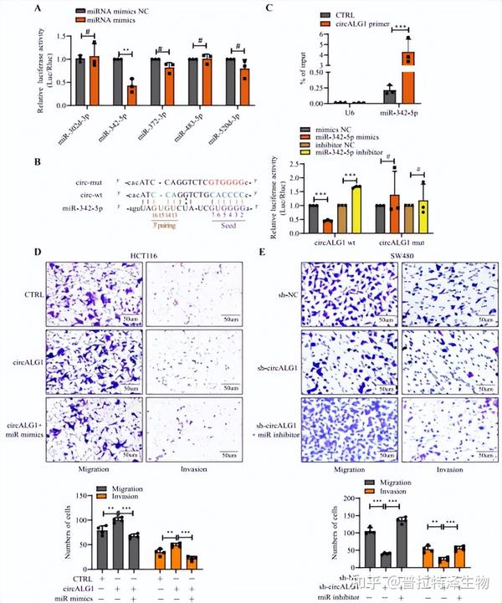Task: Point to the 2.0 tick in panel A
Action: (x=65, y=35)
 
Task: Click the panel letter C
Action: (x=269, y=8)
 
